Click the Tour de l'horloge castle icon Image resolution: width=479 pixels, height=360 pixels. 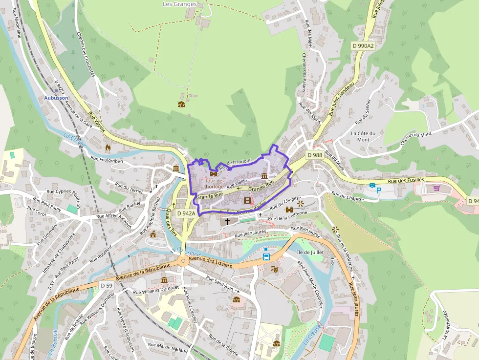tap(214, 173)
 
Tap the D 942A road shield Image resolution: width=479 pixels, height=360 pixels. tap(186, 213)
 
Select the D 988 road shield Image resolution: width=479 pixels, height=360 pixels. tap(315, 155)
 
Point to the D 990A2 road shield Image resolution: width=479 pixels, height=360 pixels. tap(363, 45)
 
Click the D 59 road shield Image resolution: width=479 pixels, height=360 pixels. tap(106, 285)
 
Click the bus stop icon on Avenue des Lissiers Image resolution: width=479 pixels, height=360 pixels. tap(266, 256)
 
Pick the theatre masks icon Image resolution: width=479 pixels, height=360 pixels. tap(275, 269)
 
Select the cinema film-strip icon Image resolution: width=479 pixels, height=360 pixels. tap(247, 200)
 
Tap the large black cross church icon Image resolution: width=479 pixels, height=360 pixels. tap(227, 221)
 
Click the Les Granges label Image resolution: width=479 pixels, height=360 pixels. tap(179, 4)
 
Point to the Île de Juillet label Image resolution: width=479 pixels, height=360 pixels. tap(311, 252)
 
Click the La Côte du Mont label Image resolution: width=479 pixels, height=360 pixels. tap(363, 136)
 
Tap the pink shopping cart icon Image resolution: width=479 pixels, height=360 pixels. tap(436, 188)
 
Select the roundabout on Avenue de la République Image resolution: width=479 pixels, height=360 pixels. tap(183, 260)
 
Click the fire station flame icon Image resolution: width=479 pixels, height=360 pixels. tap(108, 146)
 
